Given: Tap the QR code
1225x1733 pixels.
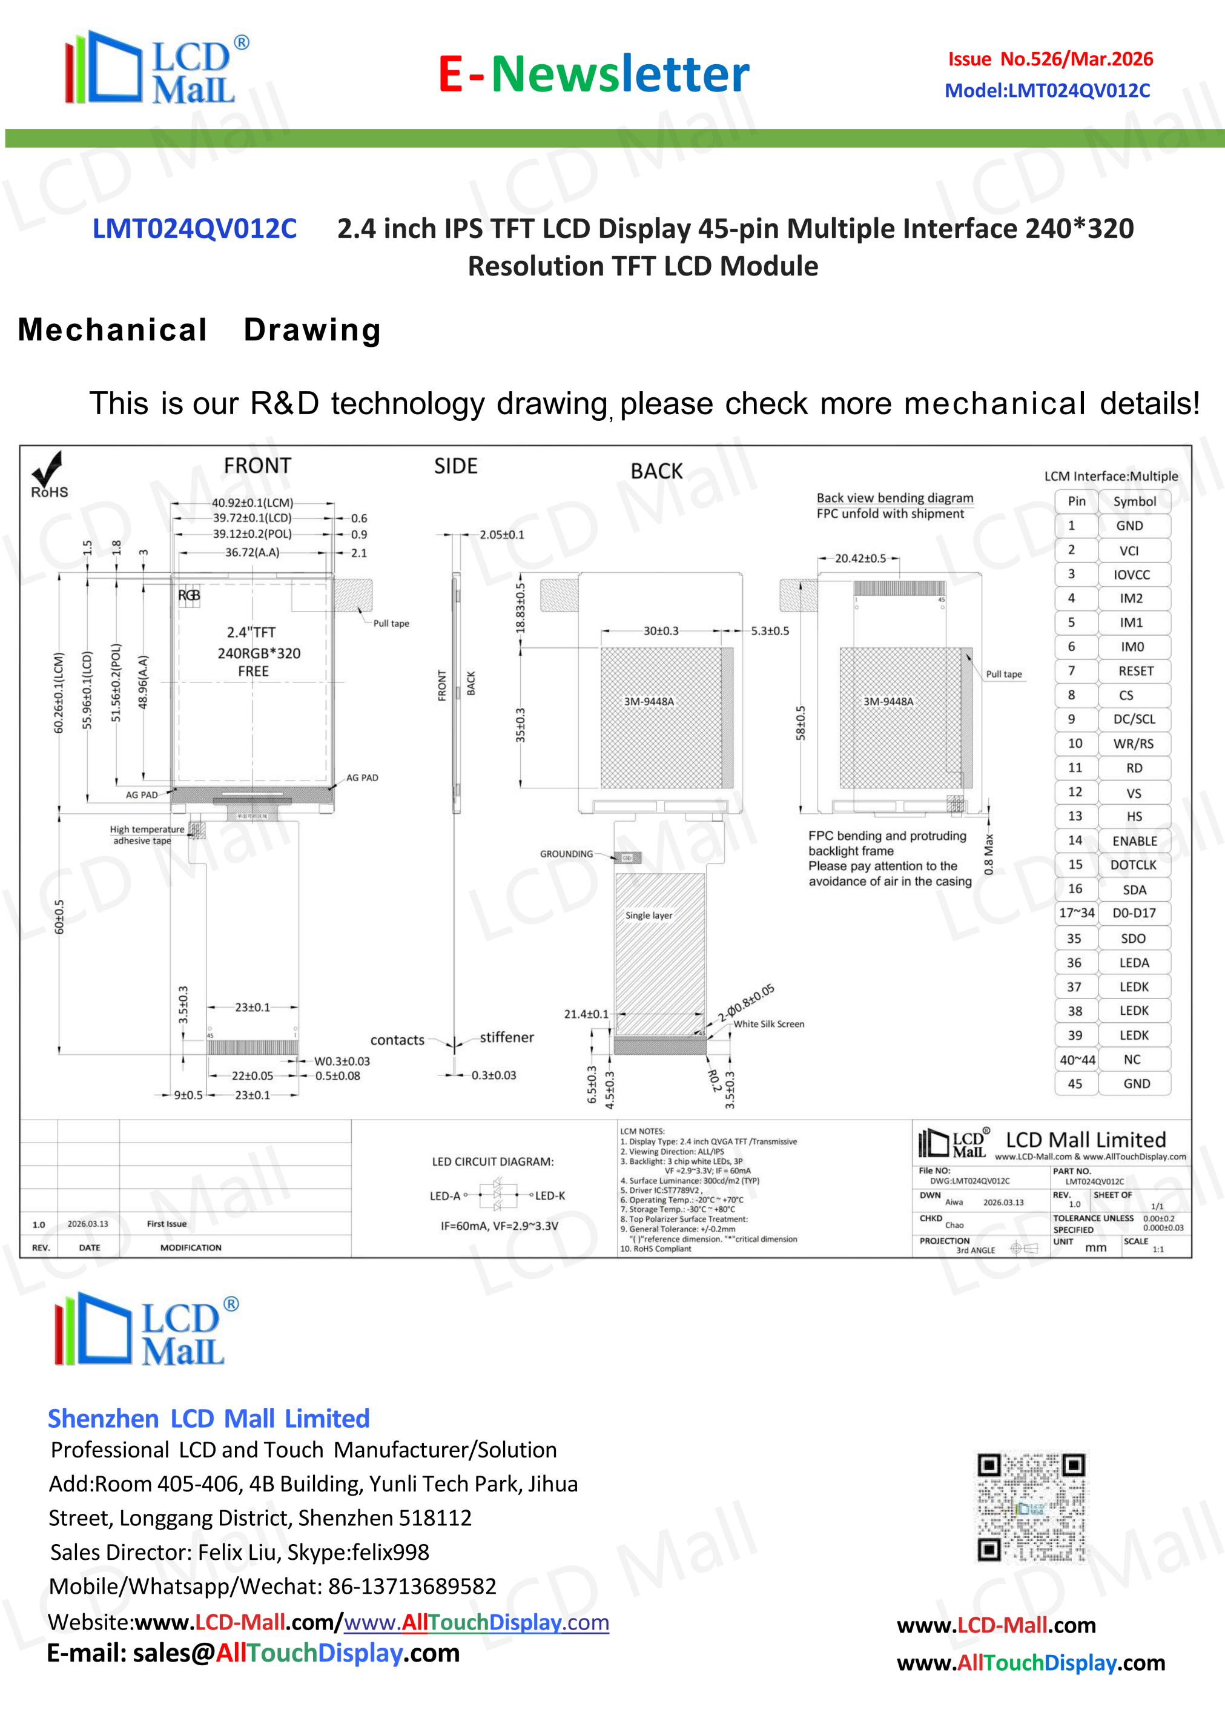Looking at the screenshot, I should [1031, 1507].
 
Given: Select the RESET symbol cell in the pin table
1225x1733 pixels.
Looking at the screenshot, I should [1134, 671].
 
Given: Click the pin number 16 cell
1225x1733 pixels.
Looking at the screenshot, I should [1075, 888].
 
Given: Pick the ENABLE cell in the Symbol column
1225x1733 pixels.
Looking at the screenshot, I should [1134, 841].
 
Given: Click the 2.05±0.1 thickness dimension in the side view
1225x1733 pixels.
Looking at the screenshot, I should [502, 535].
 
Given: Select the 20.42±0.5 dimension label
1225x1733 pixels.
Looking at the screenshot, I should [860, 558].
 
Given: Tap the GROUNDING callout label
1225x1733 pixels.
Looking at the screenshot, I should [566, 854].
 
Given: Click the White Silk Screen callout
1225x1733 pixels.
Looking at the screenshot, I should [768, 1025].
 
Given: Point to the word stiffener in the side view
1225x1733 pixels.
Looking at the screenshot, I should [506, 1038].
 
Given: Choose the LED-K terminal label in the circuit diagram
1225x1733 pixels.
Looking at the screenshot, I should [549, 1195].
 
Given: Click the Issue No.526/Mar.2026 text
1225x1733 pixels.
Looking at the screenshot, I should [1050, 59].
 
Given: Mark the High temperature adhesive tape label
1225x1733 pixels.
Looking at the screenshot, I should [147, 835].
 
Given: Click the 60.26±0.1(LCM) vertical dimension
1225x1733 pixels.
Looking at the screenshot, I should [59, 692].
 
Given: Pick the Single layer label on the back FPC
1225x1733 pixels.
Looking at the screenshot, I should [649, 916].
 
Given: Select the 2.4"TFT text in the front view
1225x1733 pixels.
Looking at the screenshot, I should [251, 633].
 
